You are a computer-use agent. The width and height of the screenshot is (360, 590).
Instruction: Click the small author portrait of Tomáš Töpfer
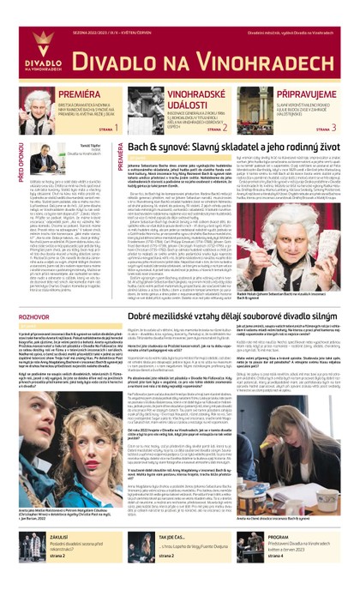click(46, 157)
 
